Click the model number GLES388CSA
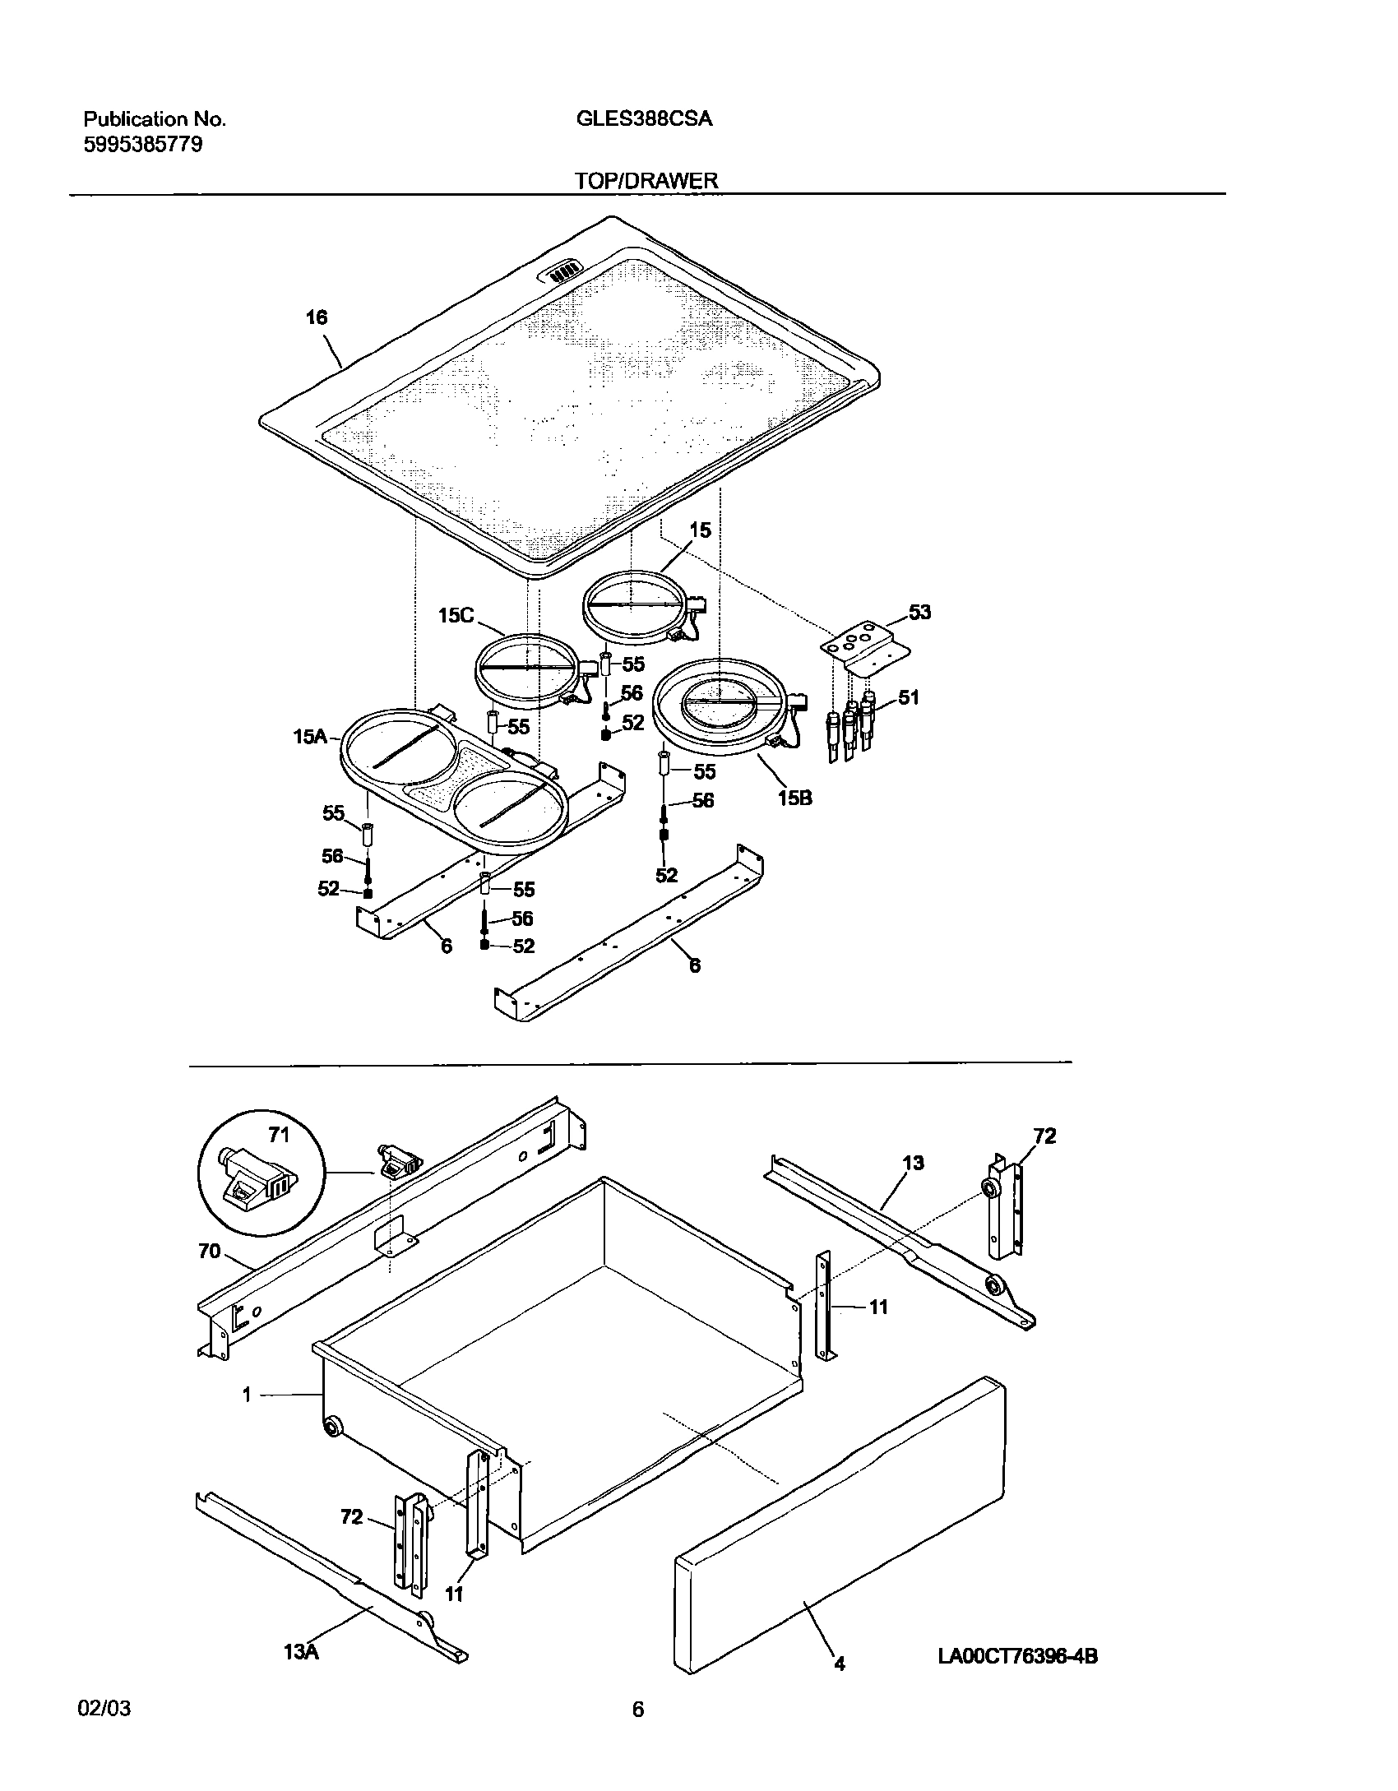[644, 119]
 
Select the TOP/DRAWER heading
[646, 181]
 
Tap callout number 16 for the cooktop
[317, 317]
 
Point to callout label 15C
[456, 615]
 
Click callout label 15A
[310, 737]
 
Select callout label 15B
[794, 797]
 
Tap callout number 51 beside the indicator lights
[908, 697]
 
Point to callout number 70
[210, 1251]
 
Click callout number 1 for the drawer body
[247, 1395]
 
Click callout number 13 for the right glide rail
[913, 1163]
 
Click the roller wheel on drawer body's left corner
[333, 1427]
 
